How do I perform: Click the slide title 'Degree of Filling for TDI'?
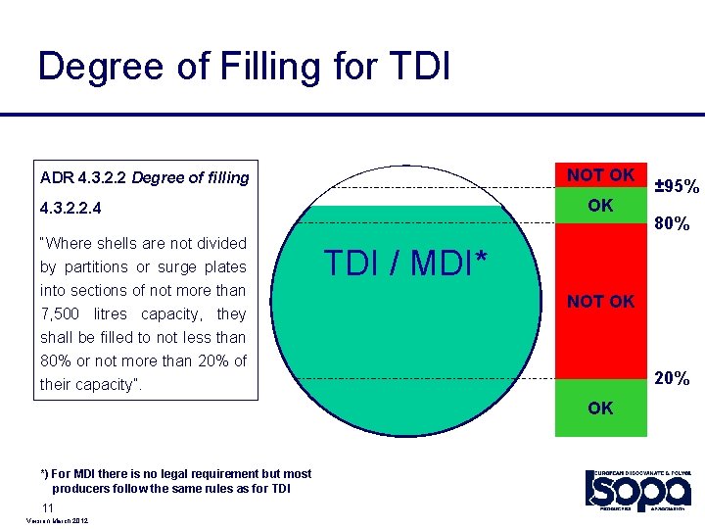[244, 67]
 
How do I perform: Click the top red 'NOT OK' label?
[600, 175]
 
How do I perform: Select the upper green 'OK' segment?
[600, 206]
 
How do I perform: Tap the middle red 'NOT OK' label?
[600, 302]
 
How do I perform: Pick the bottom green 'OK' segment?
[600, 408]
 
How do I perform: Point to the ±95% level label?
[676, 186]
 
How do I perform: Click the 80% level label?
[673, 224]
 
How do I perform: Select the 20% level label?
[673, 378]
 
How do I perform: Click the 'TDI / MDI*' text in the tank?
[405, 263]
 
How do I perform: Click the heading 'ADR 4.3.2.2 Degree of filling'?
[145, 177]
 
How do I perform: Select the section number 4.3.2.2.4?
[71, 209]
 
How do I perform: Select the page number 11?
[47, 506]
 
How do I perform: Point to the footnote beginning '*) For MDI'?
[176, 480]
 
